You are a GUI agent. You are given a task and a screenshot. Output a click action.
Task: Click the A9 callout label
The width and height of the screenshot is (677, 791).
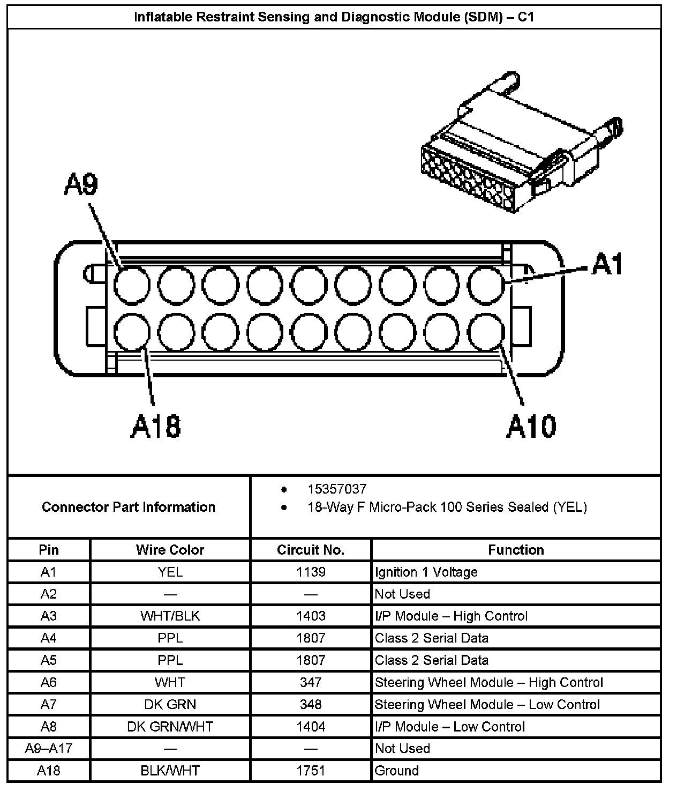[81, 185]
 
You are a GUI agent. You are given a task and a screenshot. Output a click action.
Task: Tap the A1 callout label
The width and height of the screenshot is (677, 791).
[607, 264]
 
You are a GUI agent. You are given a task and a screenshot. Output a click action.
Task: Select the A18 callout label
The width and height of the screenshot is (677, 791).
[156, 427]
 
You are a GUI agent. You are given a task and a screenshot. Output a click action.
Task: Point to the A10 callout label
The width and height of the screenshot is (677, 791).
[531, 427]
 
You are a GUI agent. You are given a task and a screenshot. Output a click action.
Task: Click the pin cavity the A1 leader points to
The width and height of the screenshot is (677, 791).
[486, 284]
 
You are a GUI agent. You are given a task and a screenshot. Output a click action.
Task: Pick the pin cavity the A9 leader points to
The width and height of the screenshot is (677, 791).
[132, 284]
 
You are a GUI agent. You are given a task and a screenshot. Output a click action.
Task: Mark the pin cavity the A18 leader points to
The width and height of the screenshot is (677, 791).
[132, 332]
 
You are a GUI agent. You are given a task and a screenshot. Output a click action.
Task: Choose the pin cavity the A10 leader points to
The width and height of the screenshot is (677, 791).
[486, 332]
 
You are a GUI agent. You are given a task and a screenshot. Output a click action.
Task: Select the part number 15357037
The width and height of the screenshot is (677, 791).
[337, 489]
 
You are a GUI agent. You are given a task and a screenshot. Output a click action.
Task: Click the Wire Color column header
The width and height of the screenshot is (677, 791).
[170, 550]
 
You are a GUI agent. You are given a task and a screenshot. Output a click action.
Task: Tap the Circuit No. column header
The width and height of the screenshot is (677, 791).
[311, 550]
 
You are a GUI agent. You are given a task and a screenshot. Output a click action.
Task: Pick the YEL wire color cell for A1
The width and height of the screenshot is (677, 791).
[170, 572]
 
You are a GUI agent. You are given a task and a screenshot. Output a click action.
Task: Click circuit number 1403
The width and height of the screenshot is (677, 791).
[311, 616]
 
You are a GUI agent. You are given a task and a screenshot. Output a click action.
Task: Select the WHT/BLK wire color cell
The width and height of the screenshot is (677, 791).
[170, 616]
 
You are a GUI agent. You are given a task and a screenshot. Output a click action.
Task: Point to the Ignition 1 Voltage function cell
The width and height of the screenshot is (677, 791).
[426, 572]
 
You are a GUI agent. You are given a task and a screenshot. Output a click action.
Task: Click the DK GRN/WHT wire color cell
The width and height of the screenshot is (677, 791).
[170, 727]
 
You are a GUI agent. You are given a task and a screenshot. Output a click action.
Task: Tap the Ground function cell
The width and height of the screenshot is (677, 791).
[397, 771]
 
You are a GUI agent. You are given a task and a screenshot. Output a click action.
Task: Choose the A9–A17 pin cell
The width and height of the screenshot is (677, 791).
[49, 749]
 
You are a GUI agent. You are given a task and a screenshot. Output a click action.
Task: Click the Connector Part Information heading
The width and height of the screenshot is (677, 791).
[129, 507]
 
